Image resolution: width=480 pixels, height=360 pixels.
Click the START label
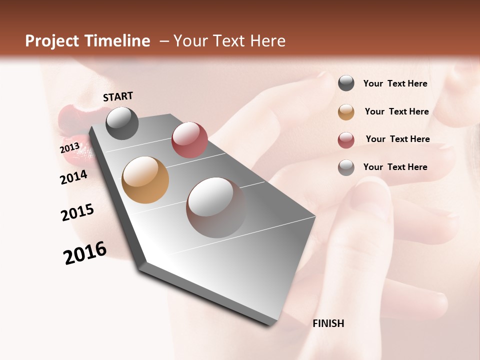pos(118,96)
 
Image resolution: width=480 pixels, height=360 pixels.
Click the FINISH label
pos(328,323)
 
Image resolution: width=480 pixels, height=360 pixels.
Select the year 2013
pos(69,148)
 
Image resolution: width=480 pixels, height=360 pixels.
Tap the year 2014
pos(73,177)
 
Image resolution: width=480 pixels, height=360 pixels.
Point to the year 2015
pos(77,212)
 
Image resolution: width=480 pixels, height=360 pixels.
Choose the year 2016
pos(85,253)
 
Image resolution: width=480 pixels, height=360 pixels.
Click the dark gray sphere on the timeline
pos(122,123)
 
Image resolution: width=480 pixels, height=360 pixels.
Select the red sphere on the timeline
pos(189,140)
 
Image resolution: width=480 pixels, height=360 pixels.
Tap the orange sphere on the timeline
pos(145,180)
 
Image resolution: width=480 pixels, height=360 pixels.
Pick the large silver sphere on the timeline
pos(216,207)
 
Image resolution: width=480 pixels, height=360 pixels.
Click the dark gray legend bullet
pos(346,83)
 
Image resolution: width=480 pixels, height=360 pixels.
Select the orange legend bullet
pos(346,112)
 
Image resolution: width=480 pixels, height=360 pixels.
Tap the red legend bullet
pos(346,140)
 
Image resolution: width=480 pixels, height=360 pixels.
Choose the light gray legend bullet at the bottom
pos(346,167)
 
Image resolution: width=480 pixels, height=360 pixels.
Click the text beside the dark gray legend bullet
pos(395,83)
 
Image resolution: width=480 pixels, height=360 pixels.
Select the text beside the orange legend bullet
pos(396,111)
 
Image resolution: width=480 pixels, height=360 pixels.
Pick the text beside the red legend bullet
pos(397,139)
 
